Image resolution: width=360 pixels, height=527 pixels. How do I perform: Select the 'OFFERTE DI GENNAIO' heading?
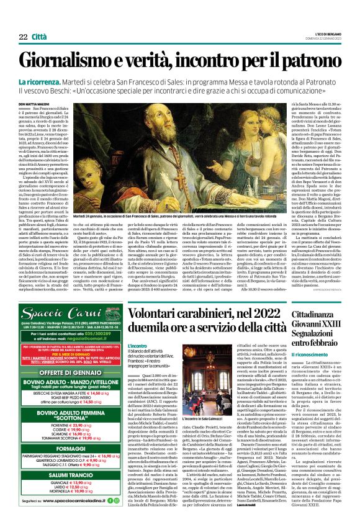[x=71, y=372]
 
